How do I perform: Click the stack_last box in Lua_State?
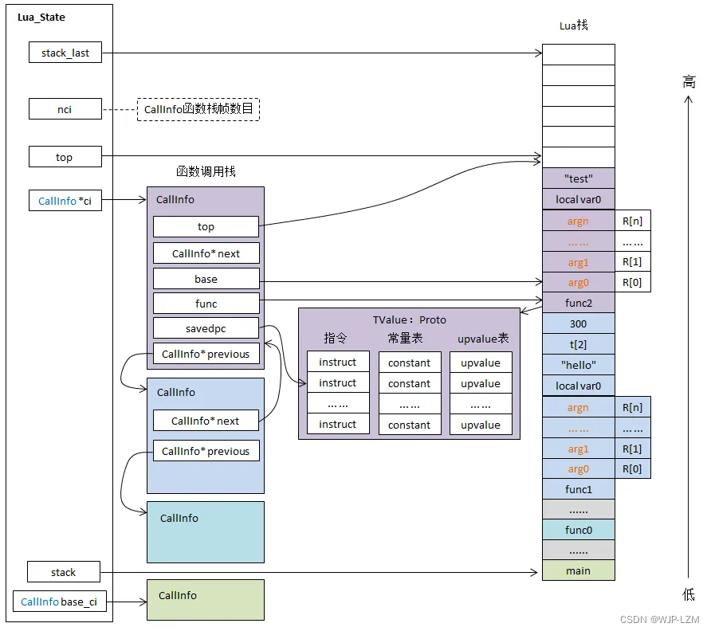click(65, 53)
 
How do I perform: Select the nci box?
click(65, 109)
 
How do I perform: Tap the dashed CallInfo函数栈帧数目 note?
click(199, 109)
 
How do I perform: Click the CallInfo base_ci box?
click(59, 602)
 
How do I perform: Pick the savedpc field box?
click(206, 328)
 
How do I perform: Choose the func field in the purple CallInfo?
click(206, 304)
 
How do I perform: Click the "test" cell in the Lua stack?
click(578, 178)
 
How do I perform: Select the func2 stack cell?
click(578, 303)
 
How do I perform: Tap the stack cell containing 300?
click(578, 323)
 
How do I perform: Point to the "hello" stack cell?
click(578, 365)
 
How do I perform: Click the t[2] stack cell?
click(578, 344)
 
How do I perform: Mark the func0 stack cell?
click(578, 530)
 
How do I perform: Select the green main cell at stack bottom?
click(578, 570)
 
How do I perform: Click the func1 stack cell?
click(578, 489)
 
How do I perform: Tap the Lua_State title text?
click(41, 17)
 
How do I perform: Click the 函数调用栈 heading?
click(206, 171)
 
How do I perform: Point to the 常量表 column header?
click(405, 339)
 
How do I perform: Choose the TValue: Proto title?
click(409, 319)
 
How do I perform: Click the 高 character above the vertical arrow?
click(689, 81)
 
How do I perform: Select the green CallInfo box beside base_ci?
click(206, 600)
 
